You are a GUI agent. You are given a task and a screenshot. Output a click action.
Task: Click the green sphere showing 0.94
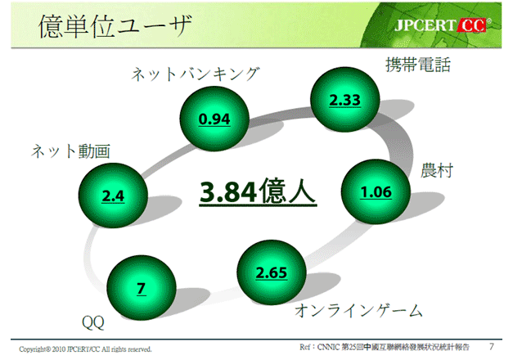(x=214, y=119)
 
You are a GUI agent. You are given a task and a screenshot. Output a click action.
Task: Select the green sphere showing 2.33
(x=345, y=100)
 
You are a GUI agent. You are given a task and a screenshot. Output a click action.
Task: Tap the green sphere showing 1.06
(x=376, y=191)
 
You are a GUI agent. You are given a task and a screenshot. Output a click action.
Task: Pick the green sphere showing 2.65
(x=272, y=272)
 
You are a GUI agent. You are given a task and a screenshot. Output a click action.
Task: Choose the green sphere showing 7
(x=142, y=288)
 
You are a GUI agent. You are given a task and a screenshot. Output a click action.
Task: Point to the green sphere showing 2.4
(x=113, y=196)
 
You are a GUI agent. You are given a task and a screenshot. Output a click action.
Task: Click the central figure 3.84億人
(x=258, y=191)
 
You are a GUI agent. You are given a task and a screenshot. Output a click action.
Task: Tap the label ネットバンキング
(x=196, y=74)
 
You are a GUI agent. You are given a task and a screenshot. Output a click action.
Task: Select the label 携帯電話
(x=418, y=65)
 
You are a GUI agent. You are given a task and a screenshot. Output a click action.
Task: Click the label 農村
(x=437, y=170)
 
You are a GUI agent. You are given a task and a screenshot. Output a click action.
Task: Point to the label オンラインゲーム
(x=359, y=311)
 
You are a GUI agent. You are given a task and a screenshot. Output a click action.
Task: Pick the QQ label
(x=93, y=323)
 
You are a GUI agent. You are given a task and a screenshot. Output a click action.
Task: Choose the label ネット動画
(x=70, y=151)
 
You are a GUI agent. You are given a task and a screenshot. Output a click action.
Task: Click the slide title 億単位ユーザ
(x=115, y=26)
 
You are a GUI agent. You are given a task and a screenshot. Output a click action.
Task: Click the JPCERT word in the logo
(x=425, y=25)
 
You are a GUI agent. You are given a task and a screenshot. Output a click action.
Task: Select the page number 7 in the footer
(x=492, y=346)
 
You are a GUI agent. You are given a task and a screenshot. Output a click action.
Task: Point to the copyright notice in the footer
(x=85, y=349)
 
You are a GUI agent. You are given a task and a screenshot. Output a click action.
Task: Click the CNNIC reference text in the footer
(x=385, y=347)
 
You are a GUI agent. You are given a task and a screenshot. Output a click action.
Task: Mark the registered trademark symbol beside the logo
(x=489, y=21)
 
